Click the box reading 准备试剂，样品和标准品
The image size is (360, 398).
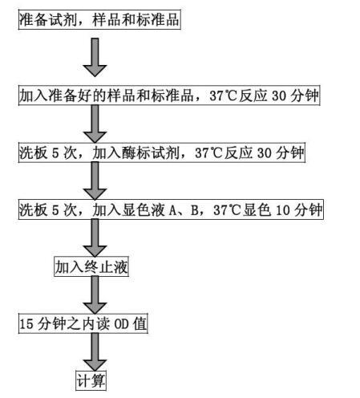(99, 19)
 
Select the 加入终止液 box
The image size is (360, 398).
(91, 266)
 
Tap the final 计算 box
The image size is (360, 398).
(91, 380)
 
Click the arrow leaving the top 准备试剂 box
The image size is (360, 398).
(95, 57)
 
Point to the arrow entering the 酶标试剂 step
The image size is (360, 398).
(95, 124)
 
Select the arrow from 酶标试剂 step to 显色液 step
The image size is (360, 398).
(95, 181)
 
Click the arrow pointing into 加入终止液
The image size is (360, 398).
(95, 238)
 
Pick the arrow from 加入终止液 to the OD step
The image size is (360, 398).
(95, 295)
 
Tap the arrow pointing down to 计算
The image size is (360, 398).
(95, 352)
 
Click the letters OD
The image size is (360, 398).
(122, 324)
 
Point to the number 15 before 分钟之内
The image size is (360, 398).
(26, 324)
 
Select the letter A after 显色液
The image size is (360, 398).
(172, 210)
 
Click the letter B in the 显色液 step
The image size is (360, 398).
(194, 210)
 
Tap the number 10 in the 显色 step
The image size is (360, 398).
(282, 210)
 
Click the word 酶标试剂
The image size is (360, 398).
(151, 153)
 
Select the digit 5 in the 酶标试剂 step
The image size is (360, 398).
(55, 153)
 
